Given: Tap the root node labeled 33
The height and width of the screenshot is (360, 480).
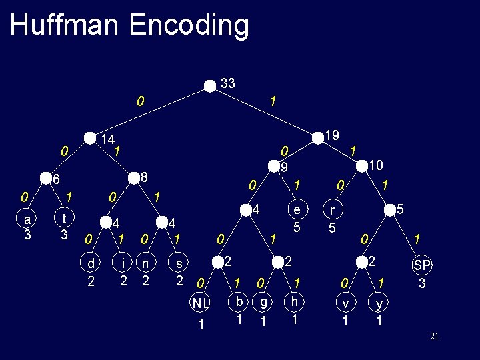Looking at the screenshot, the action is [x=211, y=85].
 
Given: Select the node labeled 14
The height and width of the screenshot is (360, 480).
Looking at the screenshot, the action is [x=91, y=138].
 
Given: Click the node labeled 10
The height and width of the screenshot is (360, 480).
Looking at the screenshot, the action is [x=363, y=165].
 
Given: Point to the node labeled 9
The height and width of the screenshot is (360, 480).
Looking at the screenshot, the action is [x=272, y=165].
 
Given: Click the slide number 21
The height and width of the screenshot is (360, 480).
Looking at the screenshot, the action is [x=434, y=337].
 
